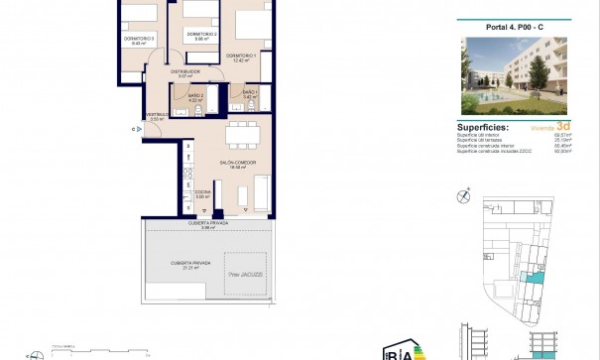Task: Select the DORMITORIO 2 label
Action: (201, 35)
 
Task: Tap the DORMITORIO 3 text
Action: (140, 41)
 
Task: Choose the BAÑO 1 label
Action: (248, 93)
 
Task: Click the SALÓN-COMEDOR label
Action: (233, 165)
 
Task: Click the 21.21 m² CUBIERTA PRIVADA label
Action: (185, 262)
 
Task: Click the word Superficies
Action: (483, 127)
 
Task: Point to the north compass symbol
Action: (463, 195)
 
